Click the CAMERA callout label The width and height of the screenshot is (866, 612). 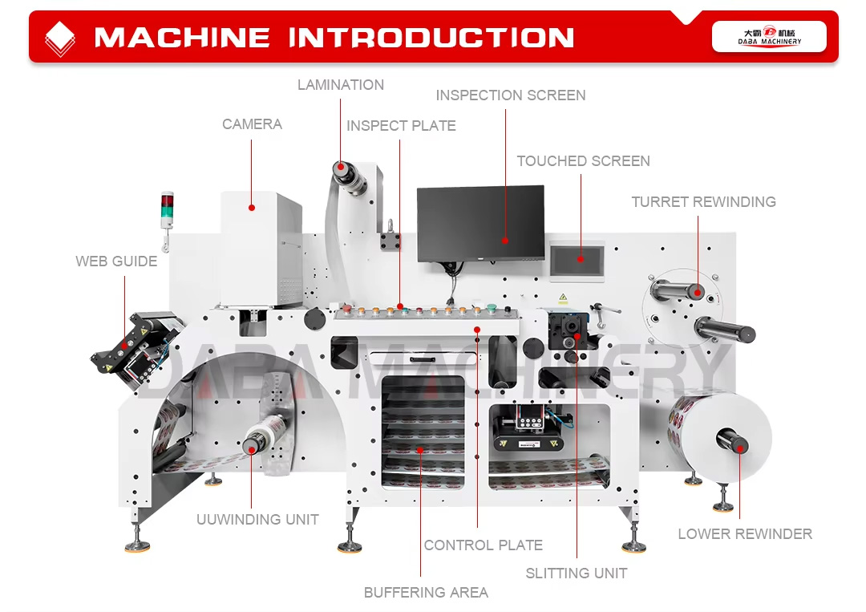coord(252,124)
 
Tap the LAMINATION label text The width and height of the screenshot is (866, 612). coord(341,85)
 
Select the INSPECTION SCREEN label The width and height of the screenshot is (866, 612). coord(511,95)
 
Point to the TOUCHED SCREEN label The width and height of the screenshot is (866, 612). coord(583,161)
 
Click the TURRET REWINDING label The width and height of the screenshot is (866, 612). coord(703,202)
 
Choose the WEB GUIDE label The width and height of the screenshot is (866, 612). coord(116,261)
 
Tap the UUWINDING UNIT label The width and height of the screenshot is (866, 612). coord(257,520)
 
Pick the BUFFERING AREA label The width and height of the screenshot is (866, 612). coord(426,593)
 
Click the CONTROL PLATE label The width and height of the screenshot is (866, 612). coord(483,545)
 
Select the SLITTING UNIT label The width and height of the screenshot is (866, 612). coord(576,573)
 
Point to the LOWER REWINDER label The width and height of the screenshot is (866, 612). coord(745,534)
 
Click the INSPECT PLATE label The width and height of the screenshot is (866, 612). coord(401,126)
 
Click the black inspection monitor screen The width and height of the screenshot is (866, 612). coord(480,222)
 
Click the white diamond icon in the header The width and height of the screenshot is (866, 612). coord(60,38)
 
